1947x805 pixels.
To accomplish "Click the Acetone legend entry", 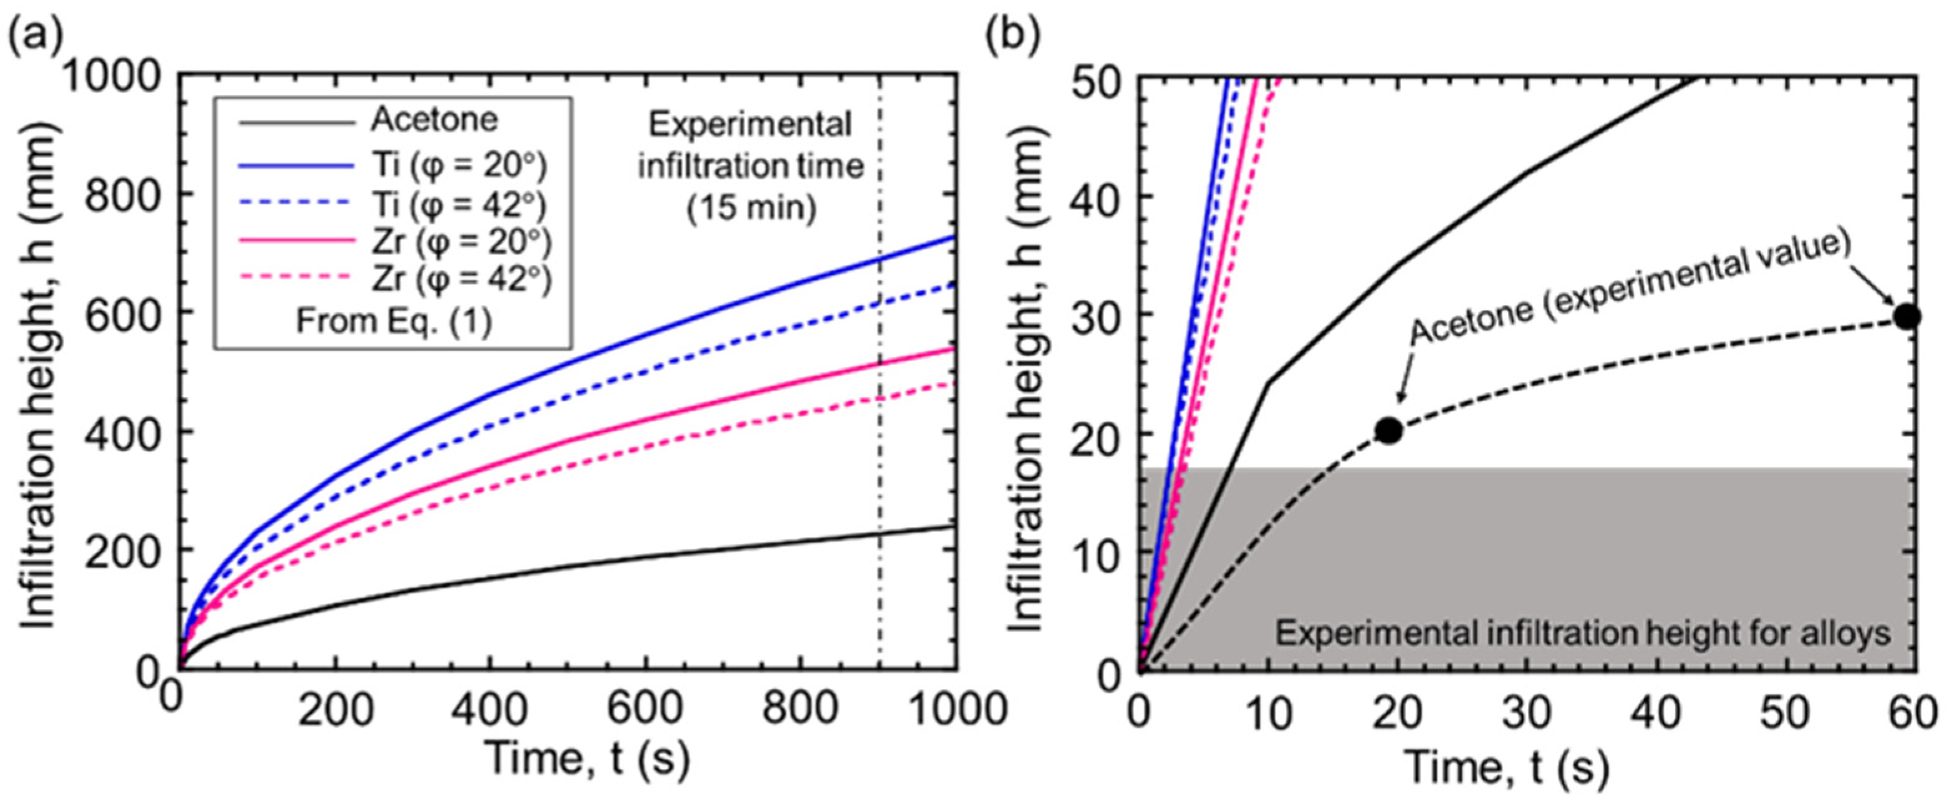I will click(434, 120).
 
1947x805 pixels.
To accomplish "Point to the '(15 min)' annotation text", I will click(751, 206).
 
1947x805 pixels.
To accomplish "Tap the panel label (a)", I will click(35, 34).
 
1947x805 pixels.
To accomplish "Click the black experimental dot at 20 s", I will click(1389, 431).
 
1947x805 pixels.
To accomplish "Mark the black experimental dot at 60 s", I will click(1908, 317).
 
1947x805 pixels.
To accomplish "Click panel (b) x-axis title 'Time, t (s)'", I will click(1506, 769).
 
